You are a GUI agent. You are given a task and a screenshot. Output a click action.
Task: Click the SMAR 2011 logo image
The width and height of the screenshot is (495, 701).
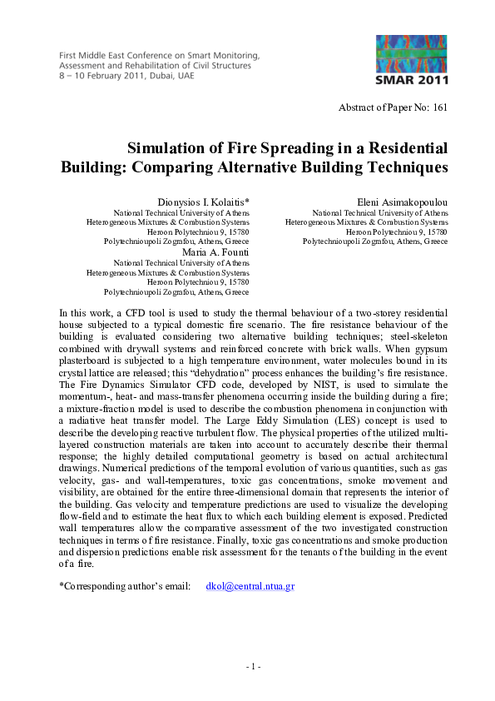pyautogui.click(x=412, y=60)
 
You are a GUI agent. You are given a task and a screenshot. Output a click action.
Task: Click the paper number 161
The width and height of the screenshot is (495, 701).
pyautogui.click(x=440, y=108)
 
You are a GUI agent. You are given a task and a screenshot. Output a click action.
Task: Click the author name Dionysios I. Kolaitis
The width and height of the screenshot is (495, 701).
pyautogui.click(x=204, y=203)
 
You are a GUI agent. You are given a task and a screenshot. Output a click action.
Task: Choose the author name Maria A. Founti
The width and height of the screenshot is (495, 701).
pyautogui.click(x=215, y=252)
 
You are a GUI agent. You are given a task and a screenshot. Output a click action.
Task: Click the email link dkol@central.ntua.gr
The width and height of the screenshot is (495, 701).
pyautogui.click(x=250, y=586)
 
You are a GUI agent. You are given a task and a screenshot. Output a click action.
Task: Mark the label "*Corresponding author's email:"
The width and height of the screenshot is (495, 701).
pyautogui.click(x=125, y=586)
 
